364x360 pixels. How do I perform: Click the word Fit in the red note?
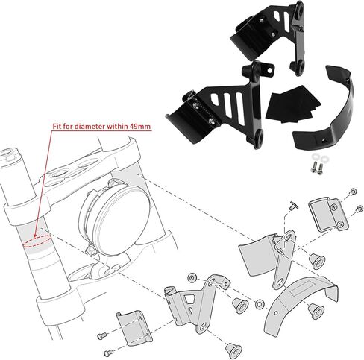tap(57, 127)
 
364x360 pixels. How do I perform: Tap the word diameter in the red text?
tap(88, 127)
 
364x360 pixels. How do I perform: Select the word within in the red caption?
tap(116, 127)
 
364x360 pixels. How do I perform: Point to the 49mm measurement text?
tap(140, 127)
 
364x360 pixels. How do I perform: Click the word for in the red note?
tap(68, 127)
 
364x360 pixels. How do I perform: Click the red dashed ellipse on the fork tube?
tap(37, 241)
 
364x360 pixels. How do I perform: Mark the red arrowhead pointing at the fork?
tap(35, 234)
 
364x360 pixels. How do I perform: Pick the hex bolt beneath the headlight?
tap(90, 250)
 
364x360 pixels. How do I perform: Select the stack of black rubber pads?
tap(292, 104)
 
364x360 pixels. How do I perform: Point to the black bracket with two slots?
tap(270, 35)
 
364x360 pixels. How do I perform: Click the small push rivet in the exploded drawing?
tap(294, 205)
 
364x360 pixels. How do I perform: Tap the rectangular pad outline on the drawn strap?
tap(302, 289)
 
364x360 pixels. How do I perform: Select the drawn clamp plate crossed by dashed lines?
tap(134, 327)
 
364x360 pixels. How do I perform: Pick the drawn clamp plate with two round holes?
tap(328, 214)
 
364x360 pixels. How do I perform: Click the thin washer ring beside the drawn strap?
tap(259, 304)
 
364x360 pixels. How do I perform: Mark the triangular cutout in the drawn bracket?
tap(190, 299)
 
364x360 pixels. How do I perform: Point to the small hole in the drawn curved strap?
tap(276, 313)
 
